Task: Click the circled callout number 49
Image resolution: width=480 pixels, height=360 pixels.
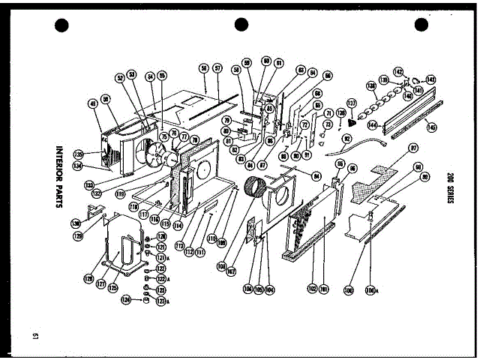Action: [x=93, y=105]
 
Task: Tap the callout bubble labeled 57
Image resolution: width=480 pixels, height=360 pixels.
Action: [x=217, y=68]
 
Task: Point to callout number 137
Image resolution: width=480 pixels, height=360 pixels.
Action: [x=351, y=103]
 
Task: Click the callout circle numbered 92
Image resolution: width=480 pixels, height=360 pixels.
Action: [x=347, y=139]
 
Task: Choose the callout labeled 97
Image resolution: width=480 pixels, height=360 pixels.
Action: [x=413, y=149]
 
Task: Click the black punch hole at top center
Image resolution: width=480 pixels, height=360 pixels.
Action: [x=241, y=25]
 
